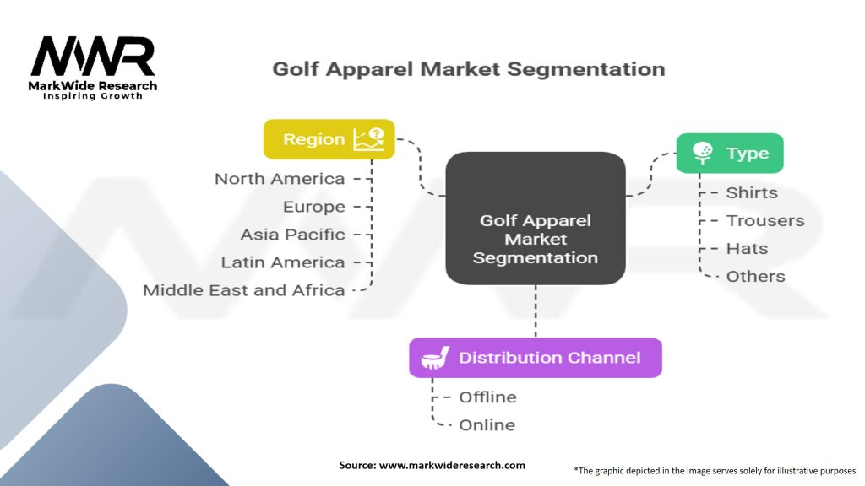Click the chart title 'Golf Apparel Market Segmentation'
(468, 69)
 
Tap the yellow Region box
(329, 139)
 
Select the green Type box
(729, 154)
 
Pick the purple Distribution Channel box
(536, 357)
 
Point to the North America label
(280, 179)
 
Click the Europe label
(314, 207)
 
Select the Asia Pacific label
(292, 235)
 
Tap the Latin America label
(283, 262)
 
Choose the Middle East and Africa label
(244, 290)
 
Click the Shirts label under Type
(752, 192)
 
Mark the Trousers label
(765, 220)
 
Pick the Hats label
(747, 248)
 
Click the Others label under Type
(755, 276)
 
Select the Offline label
(487, 397)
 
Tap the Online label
(487, 425)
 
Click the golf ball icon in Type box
(702, 153)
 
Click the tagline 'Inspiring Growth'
(93, 96)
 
